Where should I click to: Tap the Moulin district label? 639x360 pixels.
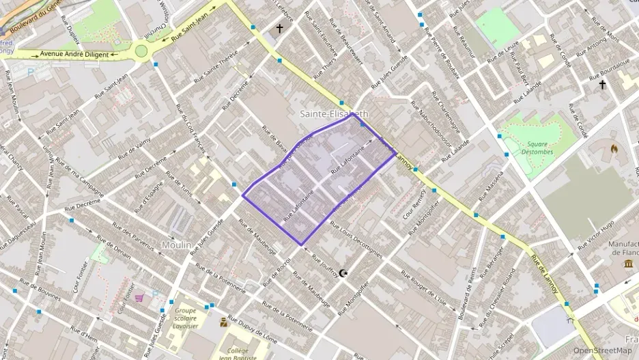[x=176, y=244]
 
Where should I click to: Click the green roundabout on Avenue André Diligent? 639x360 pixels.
[x=142, y=50]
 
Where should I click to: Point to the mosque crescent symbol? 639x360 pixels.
[x=343, y=273]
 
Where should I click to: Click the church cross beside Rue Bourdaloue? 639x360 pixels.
[x=602, y=85]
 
